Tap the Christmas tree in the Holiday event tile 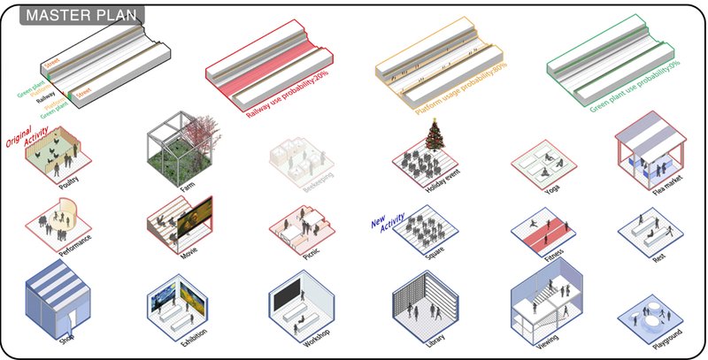pos(434,137)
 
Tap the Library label pos(433,336)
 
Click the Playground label pos(658,340)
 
